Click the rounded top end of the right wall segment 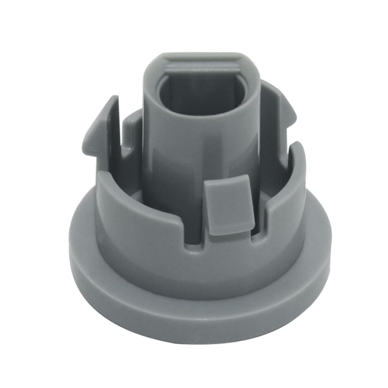coord(297,149)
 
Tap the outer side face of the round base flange coord(194,314)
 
